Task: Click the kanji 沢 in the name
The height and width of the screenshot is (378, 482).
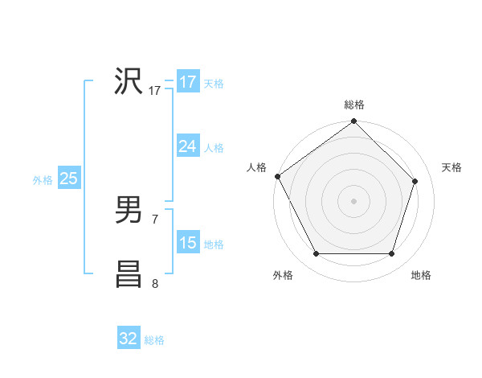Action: pyautogui.click(x=129, y=82)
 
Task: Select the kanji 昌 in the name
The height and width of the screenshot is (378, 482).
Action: pyautogui.click(x=129, y=274)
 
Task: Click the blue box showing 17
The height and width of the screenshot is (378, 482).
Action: pyautogui.click(x=187, y=82)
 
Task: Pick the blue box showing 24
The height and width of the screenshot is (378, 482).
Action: pyautogui.click(x=187, y=146)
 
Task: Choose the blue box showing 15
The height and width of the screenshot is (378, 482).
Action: pyautogui.click(x=187, y=243)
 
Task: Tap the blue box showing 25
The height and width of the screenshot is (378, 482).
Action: pyautogui.click(x=68, y=179)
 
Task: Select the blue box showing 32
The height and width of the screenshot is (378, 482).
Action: pyautogui.click(x=129, y=339)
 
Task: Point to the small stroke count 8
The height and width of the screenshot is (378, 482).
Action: pyautogui.click(x=155, y=283)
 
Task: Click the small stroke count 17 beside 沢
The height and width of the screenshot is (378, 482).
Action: pyautogui.click(x=155, y=91)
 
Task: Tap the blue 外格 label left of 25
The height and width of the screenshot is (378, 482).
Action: pyautogui.click(x=43, y=180)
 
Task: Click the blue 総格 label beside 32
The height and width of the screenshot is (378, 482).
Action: pyautogui.click(x=154, y=340)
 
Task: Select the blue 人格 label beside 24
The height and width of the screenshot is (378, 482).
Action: pyautogui.click(x=214, y=148)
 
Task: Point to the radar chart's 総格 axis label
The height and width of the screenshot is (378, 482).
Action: pyautogui.click(x=353, y=105)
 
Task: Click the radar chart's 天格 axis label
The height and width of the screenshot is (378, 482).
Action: pyautogui.click(x=452, y=167)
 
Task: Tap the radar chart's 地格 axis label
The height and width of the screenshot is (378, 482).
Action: pyautogui.click(x=421, y=275)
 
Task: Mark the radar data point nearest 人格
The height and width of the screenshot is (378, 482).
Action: pyautogui.click(x=278, y=176)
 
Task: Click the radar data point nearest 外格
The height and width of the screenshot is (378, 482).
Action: pyautogui.click(x=316, y=254)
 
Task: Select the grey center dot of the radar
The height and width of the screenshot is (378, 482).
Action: pyautogui.click(x=353, y=200)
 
